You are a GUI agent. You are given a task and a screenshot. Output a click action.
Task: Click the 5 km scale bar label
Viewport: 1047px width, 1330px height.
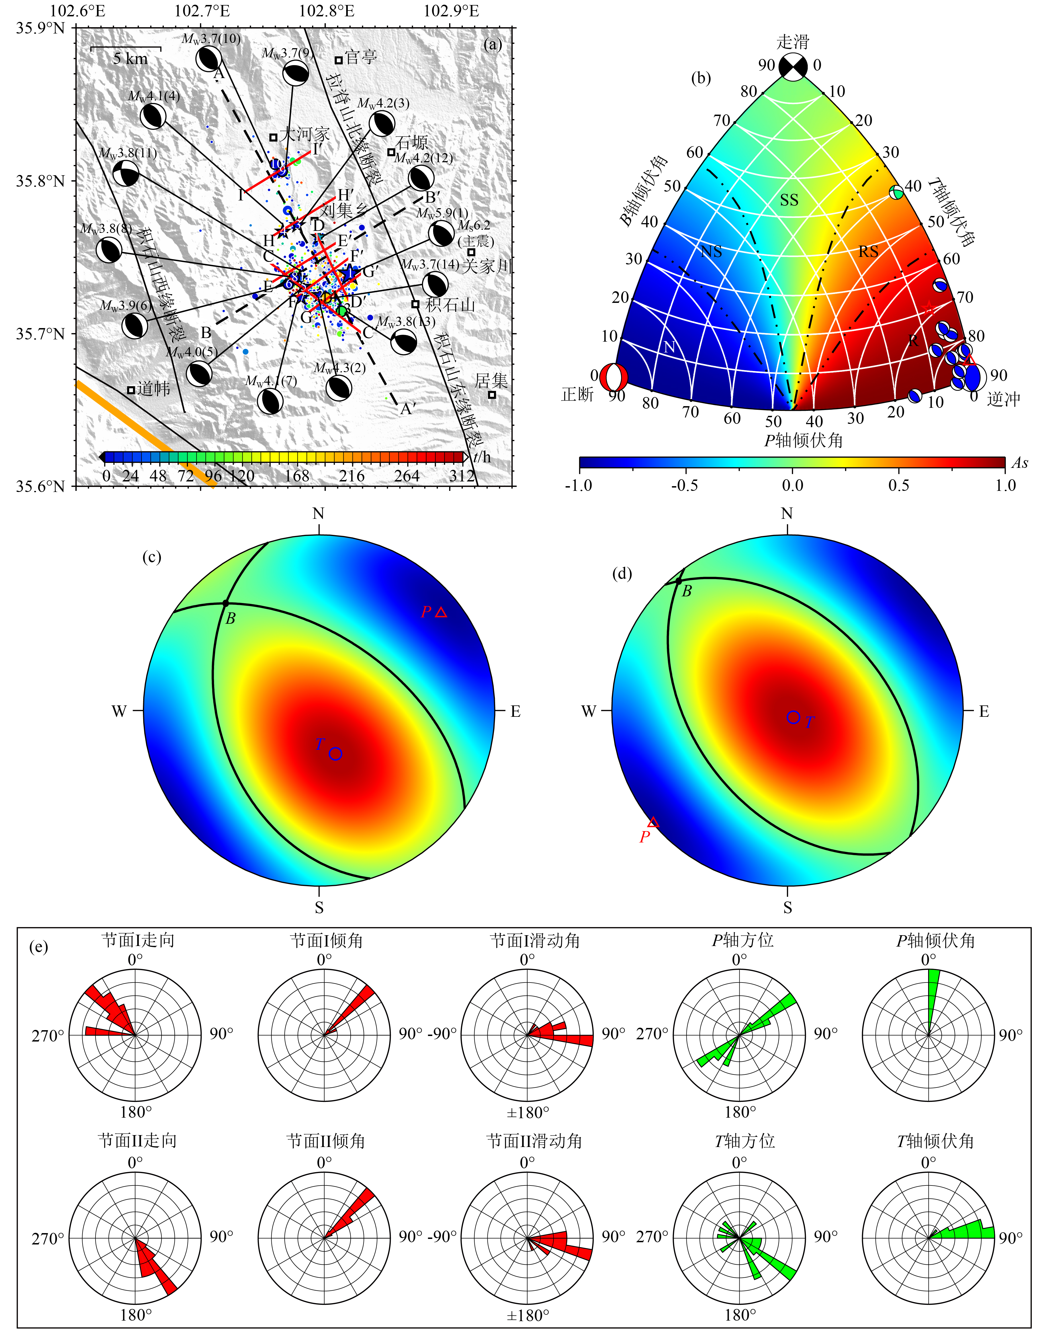(x=130, y=59)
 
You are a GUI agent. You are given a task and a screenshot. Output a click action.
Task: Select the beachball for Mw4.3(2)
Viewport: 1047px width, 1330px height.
(x=338, y=387)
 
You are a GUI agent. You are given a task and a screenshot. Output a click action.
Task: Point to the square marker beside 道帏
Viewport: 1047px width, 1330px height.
(x=131, y=390)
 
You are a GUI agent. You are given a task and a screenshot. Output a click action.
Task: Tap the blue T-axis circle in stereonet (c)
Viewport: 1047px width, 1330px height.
(x=335, y=754)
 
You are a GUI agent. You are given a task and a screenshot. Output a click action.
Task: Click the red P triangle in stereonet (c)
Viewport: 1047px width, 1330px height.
(x=441, y=612)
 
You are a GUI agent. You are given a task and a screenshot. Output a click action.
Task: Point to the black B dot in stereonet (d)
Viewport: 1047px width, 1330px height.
(x=679, y=581)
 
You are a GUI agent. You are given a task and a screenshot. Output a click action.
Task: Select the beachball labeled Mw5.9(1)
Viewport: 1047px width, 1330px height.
(x=441, y=233)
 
